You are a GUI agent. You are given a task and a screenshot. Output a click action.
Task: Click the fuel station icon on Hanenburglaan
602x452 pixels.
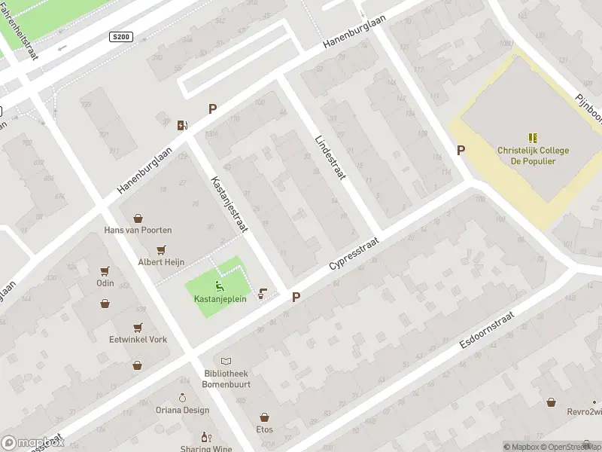[x=182, y=125]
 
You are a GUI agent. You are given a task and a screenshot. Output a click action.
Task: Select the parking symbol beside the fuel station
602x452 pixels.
[x=212, y=109]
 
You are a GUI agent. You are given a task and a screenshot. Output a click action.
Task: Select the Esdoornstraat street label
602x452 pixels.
[x=486, y=328]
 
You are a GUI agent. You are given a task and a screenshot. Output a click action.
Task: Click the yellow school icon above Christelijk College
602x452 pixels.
[x=533, y=138]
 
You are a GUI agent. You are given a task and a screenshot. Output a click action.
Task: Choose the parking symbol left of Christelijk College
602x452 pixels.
[x=461, y=151]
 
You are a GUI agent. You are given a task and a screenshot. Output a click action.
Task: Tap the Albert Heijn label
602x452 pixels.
[x=161, y=261]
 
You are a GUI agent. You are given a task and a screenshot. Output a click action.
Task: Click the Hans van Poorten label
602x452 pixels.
[x=138, y=230]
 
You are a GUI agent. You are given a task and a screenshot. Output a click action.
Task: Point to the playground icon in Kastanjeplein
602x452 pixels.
[x=218, y=286]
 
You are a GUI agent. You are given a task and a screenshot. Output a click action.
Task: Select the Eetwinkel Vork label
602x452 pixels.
[x=138, y=339]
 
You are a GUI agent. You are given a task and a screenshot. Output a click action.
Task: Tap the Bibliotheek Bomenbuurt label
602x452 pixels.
[x=226, y=378]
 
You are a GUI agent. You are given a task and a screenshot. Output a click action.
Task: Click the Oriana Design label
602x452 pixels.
[x=182, y=410]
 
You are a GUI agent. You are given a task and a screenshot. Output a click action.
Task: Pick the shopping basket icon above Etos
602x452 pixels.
[x=264, y=417]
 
